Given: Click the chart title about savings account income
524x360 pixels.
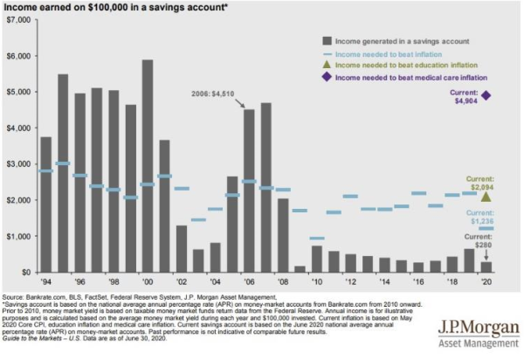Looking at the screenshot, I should [x=114, y=8].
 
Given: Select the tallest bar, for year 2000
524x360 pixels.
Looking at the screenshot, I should [x=148, y=166].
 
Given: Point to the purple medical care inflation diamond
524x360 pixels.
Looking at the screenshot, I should [x=486, y=95].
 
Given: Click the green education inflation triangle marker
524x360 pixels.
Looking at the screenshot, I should [x=486, y=197].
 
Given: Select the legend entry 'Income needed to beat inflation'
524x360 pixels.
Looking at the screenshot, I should [x=392, y=53].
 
